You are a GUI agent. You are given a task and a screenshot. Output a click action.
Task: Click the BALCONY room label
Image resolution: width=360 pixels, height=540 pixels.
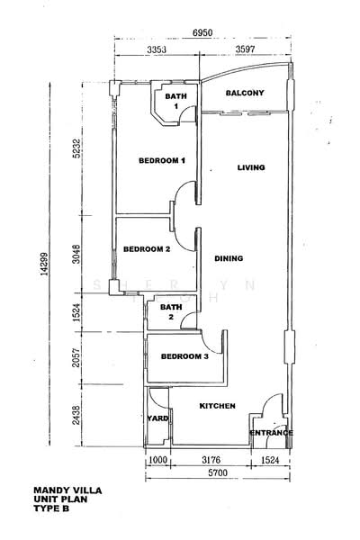click(x=245, y=93)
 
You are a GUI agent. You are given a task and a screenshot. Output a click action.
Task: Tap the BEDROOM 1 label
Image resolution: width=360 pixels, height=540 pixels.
click(x=162, y=160)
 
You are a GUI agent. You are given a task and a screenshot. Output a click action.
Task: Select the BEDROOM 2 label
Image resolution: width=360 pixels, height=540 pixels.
click(x=147, y=249)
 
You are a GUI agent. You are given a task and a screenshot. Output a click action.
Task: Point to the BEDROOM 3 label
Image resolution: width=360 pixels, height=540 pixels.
click(x=184, y=356)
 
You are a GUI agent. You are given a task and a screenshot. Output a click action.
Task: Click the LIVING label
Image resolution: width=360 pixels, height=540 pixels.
click(x=251, y=167)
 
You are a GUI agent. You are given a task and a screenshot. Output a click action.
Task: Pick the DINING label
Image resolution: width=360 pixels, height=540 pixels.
click(x=229, y=258)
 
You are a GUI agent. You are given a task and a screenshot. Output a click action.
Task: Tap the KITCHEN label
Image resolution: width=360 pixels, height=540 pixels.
click(x=218, y=406)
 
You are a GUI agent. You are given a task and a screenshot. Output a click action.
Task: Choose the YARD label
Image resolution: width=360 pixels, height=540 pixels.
click(x=157, y=418)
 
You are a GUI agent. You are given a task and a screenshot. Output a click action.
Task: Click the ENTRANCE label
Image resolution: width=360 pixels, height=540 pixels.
click(x=271, y=433)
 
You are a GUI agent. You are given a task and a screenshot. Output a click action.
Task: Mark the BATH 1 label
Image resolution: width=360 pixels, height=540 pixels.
click(x=175, y=101)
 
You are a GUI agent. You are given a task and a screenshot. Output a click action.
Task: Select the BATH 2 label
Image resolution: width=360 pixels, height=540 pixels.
click(x=171, y=312)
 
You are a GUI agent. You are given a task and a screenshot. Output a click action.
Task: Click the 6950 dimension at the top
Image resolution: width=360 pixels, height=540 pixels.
click(x=202, y=32)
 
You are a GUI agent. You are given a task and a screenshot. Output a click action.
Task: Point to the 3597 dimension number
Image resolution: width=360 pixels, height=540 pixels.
click(x=246, y=49)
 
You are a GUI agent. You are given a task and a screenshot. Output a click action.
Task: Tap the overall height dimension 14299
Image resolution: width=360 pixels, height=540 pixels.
click(x=44, y=264)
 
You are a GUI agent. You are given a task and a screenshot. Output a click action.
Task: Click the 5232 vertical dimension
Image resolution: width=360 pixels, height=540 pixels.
click(x=76, y=148)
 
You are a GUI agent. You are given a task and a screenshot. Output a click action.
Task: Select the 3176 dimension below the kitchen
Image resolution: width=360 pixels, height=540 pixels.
click(x=211, y=460)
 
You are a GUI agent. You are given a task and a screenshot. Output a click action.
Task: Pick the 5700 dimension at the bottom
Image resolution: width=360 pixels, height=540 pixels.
click(x=218, y=472)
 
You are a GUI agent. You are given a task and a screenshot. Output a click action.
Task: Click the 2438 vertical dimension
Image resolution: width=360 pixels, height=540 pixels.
click(x=76, y=415)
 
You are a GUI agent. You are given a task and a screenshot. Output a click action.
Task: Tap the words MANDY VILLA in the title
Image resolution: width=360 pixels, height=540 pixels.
click(x=67, y=490)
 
